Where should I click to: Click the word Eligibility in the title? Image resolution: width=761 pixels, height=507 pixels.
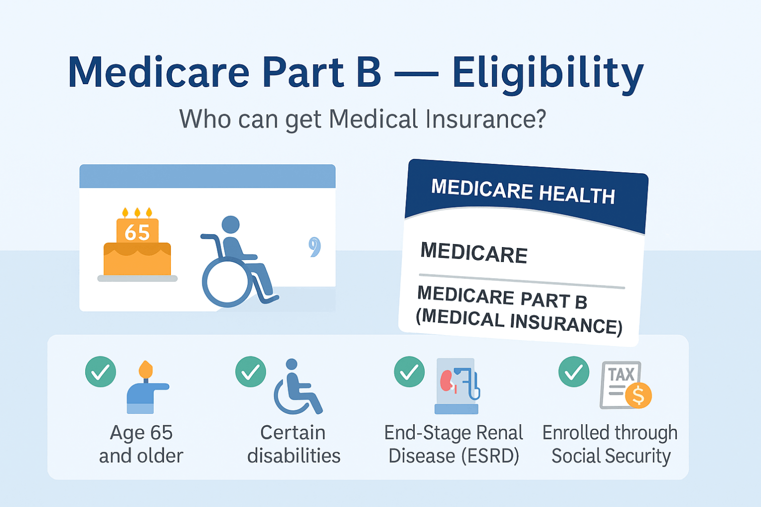coord(548,74)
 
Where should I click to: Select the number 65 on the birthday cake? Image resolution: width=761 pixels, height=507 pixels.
coord(137,232)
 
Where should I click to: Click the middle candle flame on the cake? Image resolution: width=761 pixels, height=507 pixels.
coord(137,213)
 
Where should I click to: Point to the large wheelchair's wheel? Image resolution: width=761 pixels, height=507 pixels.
coord(227,282)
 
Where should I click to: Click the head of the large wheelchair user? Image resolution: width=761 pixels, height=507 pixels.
coord(230,225)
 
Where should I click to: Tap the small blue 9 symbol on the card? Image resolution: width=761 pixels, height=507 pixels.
coord(314,247)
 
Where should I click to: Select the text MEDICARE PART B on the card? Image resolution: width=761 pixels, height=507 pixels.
coord(502,297)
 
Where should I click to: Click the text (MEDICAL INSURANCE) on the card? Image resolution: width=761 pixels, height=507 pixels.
coord(519,322)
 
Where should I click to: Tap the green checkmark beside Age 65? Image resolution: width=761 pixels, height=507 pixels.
coord(101,372)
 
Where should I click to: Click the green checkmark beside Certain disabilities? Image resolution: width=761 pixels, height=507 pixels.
coord(251,372)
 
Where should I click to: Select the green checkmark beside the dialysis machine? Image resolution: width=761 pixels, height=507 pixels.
coord(409,372)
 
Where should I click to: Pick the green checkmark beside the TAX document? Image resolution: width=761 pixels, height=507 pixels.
coord(574,372)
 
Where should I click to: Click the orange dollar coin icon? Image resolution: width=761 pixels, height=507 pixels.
coord(638,395)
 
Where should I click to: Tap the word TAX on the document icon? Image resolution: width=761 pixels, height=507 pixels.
coord(621,375)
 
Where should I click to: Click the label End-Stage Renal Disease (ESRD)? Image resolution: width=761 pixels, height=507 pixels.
coord(454,444)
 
